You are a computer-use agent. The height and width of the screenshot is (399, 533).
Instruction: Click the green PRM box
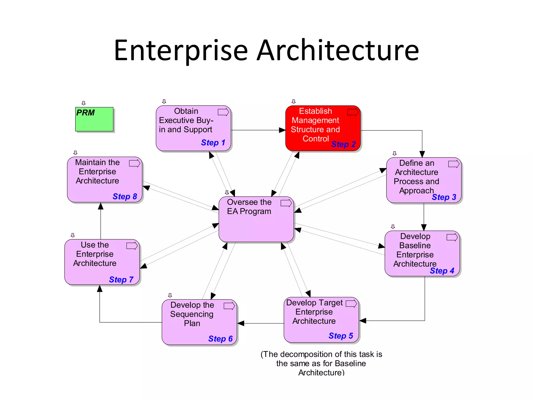click(x=94, y=119)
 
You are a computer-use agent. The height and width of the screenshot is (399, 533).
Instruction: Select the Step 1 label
click(x=213, y=143)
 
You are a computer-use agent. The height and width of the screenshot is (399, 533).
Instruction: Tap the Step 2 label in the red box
click(x=343, y=144)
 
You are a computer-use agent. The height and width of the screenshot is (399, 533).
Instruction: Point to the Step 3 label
click(x=444, y=197)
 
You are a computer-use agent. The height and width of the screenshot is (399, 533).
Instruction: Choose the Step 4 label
click(x=442, y=271)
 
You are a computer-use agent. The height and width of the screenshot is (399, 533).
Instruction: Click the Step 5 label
click(x=341, y=336)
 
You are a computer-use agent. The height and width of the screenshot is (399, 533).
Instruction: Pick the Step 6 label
click(x=220, y=339)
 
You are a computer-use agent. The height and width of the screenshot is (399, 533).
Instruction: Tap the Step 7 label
click(x=121, y=280)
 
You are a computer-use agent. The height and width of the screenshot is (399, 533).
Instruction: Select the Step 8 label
click(x=125, y=196)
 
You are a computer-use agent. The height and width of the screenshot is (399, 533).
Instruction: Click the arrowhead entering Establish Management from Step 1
click(x=282, y=130)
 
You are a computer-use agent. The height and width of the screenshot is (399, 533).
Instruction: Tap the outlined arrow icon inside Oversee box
click(x=286, y=203)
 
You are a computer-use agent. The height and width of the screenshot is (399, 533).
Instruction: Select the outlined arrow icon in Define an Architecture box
click(x=454, y=164)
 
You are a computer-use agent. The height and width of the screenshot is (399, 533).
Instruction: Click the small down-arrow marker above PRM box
click(x=84, y=103)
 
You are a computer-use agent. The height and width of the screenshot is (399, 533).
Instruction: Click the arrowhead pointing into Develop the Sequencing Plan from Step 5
click(x=240, y=323)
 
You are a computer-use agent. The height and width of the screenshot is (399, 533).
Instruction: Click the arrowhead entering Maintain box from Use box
click(x=101, y=206)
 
